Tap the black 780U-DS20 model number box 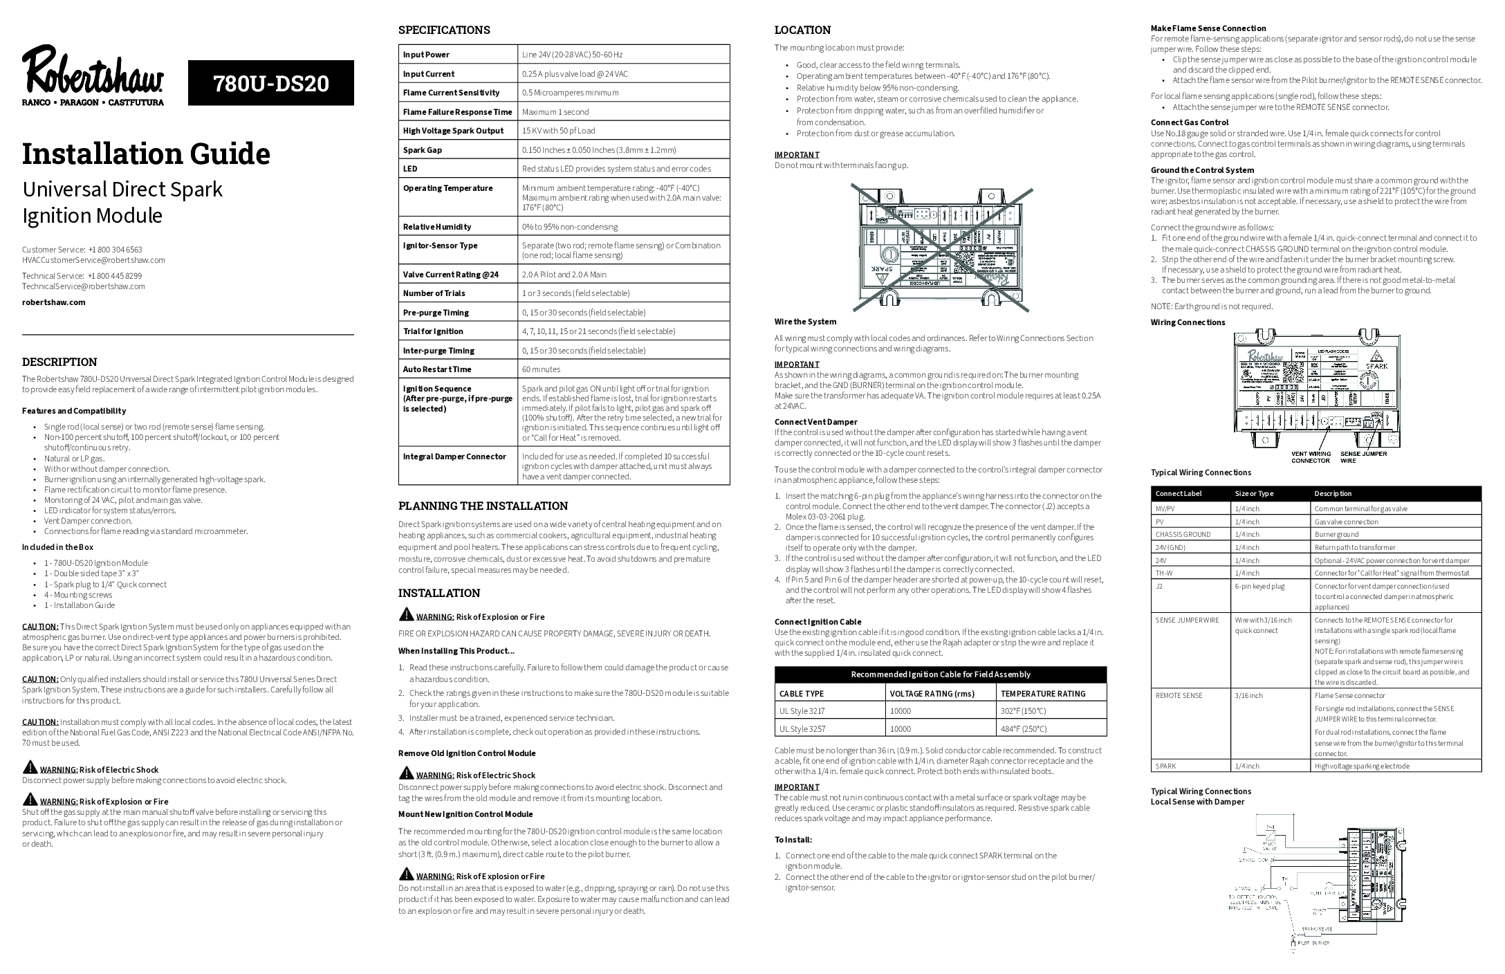coord(271,83)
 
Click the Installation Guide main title coord(146,154)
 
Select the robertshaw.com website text coord(54,302)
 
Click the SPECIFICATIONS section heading coord(444,30)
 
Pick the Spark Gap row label coord(423,149)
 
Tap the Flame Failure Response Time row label coord(458,111)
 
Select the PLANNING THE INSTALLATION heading coord(483,506)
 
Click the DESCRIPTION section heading coord(59,362)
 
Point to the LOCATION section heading coord(802,30)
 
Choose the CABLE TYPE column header coord(802,693)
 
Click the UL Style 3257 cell coord(802,728)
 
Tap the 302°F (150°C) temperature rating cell coord(1023,710)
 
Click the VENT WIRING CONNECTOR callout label coord(1311,457)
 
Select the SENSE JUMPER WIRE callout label coord(1363,457)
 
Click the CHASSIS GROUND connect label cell coord(1183,534)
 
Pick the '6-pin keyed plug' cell coord(1259,586)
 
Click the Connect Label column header coord(1179,493)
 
